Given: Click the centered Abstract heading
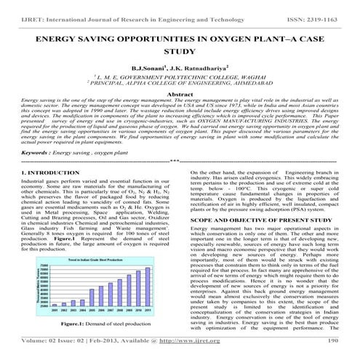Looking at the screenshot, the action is [x=180, y=115].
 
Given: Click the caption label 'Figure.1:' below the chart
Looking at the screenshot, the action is [x=71, y=323].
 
